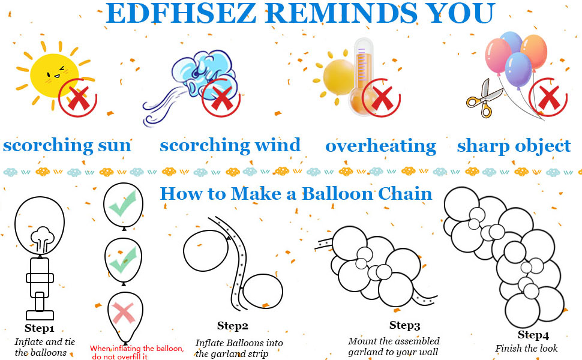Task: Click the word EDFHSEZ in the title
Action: pos(181,13)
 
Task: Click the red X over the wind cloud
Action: pos(221,98)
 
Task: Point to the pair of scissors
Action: pos(484,99)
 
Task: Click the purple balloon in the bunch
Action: pos(518,71)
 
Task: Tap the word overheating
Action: pos(380,146)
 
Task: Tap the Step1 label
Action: pos(40,328)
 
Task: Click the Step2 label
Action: pos(232,326)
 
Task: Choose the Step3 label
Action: pos(404,325)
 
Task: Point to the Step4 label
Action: pos(533,335)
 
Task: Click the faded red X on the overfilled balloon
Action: pos(123,313)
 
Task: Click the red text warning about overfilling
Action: pos(137,352)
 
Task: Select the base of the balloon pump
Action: pos(40,315)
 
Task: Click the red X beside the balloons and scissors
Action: pos(548,98)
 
